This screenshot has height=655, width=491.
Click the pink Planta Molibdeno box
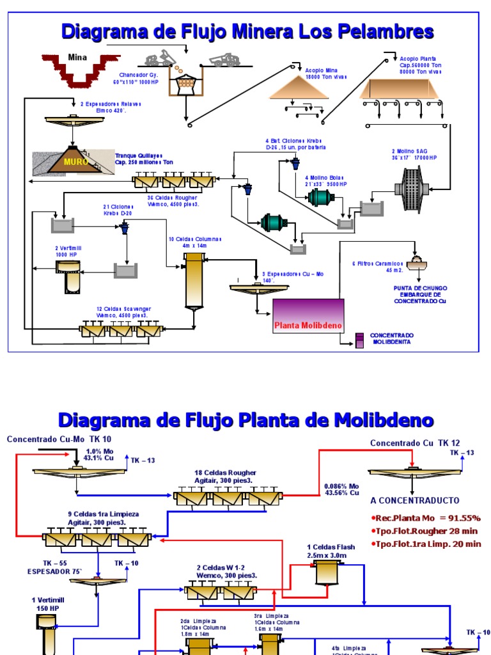(x=308, y=316)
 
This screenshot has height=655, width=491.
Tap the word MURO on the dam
(x=73, y=162)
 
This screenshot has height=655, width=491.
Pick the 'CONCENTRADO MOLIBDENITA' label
(x=393, y=338)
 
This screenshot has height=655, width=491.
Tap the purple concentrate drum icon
(x=359, y=340)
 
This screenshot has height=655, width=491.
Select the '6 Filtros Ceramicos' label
(x=377, y=266)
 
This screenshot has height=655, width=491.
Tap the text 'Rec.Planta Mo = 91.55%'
(x=425, y=517)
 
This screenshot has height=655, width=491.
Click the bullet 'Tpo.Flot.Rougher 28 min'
(x=425, y=531)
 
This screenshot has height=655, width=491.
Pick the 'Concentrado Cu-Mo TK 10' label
(x=59, y=439)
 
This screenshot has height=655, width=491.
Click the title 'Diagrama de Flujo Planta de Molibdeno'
(x=245, y=420)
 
